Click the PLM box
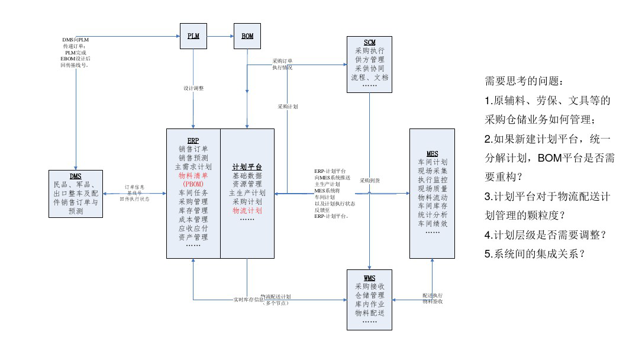coord(193,36)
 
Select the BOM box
coord(247,36)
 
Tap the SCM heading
coord(370,43)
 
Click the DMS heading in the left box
coord(76,176)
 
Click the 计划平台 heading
coord(247,168)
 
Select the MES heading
coord(433,154)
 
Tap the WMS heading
coord(370,278)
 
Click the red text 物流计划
coord(247,210)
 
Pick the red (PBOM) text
coord(193,184)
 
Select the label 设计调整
coord(193,88)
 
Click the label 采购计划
coord(288,107)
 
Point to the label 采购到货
coord(370,181)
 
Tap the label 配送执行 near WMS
coord(433,295)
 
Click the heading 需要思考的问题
coord(521,81)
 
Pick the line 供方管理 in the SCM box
coord(370,60)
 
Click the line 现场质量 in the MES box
coord(433,188)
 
